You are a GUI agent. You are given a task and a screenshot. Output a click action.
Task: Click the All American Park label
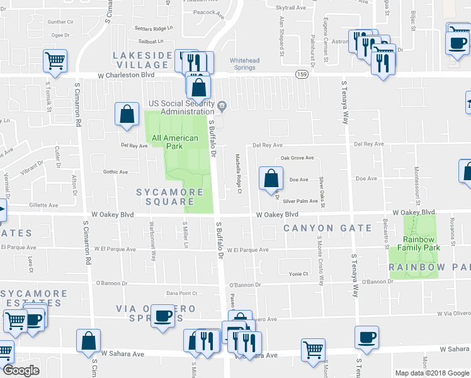[x=175, y=142]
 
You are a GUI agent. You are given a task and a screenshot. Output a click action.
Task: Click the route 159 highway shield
[x=302, y=74]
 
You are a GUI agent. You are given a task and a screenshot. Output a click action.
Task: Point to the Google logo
[x=21, y=370]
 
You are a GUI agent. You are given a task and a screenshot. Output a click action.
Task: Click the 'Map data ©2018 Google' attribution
[x=431, y=373]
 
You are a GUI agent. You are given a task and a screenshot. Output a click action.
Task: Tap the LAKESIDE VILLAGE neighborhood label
[x=142, y=60]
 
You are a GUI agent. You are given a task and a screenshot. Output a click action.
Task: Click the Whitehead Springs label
[x=244, y=64]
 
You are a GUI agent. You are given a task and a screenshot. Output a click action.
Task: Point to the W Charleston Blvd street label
[x=126, y=75]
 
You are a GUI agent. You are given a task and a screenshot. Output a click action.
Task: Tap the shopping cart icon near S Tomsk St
[x=55, y=61]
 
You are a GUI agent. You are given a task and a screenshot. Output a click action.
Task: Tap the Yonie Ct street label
[x=298, y=274]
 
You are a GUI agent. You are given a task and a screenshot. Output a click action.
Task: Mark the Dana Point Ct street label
[x=182, y=294]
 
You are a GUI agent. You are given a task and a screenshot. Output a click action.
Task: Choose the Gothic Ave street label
[x=115, y=171]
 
